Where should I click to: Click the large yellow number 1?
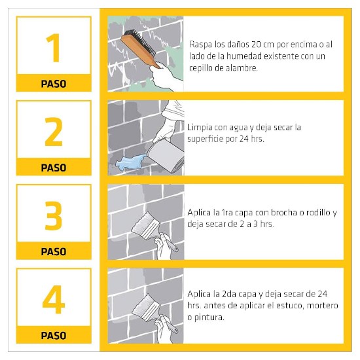(x=54, y=48)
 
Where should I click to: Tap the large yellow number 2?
(x=54, y=132)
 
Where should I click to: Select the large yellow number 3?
(x=54, y=215)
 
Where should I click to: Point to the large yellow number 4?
(x=54, y=299)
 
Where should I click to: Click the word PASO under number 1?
(x=54, y=84)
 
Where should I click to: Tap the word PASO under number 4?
(x=54, y=335)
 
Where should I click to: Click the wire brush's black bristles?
(x=141, y=42)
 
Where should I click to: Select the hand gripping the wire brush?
(x=165, y=75)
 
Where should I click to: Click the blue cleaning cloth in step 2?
(x=130, y=162)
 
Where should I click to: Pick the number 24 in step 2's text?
(x=244, y=139)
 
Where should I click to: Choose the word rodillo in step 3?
(x=317, y=212)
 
